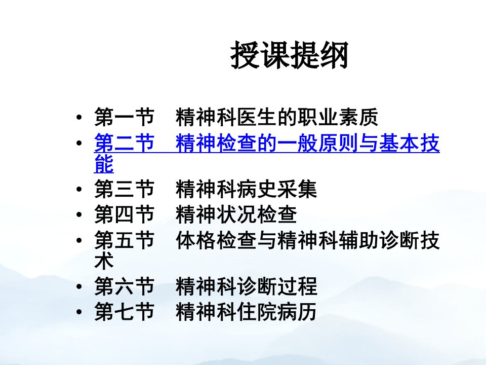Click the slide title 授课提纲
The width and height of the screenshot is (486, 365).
click(290, 56)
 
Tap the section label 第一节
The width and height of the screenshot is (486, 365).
click(125, 117)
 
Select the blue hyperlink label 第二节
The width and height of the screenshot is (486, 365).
click(125, 143)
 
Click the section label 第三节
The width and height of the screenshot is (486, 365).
click(125, 189)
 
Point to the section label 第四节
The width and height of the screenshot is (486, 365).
click(125, 214)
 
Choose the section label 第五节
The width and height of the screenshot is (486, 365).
click(125, 240)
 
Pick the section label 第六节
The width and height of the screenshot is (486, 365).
click(125, 286)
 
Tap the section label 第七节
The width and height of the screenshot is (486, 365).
click(125, 312)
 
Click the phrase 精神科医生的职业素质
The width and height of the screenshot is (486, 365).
click(277, 117)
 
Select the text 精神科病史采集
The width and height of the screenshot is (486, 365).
click(247, 189)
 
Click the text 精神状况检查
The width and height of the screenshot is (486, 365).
click(236, 214)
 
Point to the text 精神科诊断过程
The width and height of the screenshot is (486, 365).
click(247, 286)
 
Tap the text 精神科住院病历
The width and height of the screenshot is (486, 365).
click(247, 312)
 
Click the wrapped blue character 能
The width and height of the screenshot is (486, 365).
click(104, 163)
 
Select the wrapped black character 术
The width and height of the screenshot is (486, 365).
click(104, 261)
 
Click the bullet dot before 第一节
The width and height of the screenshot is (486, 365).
click(79, 117)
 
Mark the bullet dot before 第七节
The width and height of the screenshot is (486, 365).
click(79, 312)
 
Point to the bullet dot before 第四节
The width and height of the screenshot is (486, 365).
click(79, 214)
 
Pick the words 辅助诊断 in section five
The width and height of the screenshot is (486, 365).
click(379, 240)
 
